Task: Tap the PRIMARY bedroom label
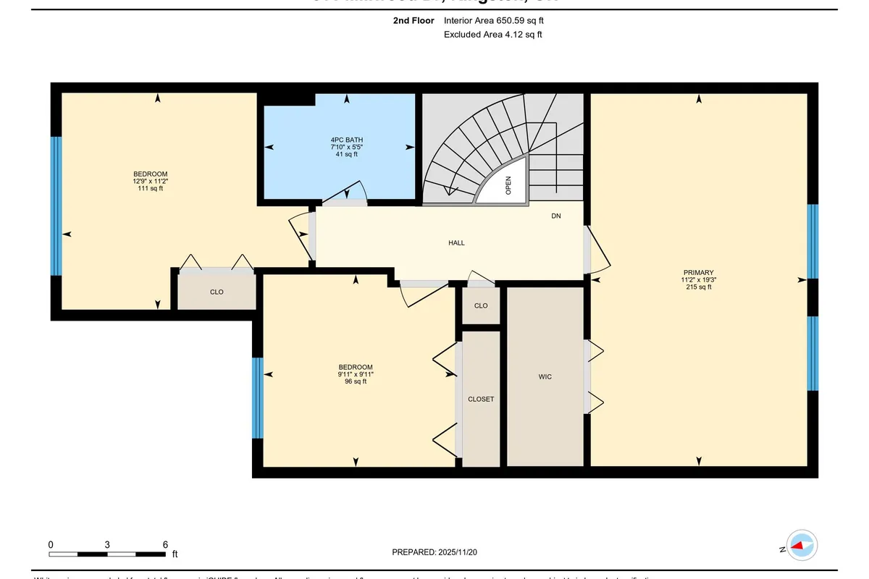tap(697, 272)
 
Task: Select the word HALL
tap(456, 243)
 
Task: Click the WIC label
tap(545, 377)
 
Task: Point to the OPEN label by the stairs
tap(508, 186)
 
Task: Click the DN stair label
tap(555, 216)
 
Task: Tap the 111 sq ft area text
tap(150, 188)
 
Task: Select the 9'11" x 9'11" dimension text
tap(355, 374)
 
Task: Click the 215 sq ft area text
tap(698, 287)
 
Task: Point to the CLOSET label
tap(481, 399)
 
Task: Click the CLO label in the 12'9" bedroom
tap(217, 292)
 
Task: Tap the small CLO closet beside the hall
tap(481, 305)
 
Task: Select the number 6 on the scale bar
tap(165, 544)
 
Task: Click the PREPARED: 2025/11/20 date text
tap(435, 551)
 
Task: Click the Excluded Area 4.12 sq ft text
tap(492, 34)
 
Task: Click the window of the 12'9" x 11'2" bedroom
tap(56, 206)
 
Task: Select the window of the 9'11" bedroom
tap(257, 398)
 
